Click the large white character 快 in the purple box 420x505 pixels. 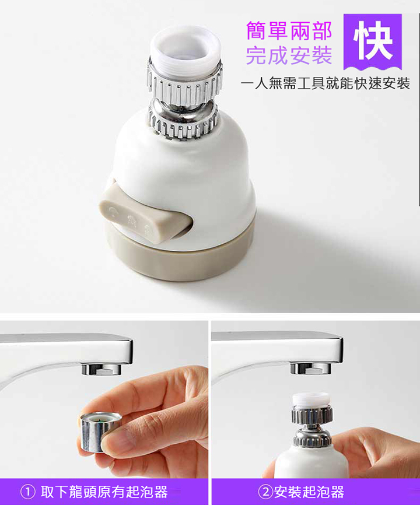coord(373,41)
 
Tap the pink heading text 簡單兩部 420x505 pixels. coord(289,31)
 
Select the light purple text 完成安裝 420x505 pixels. coord(289,55)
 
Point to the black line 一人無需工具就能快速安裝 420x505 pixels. coord(325,83)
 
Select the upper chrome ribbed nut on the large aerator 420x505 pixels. coord(184,86)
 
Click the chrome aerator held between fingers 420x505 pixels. coord(98,431)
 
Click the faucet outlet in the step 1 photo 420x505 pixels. coord(101,369)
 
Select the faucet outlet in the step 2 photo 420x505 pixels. coord(311,368)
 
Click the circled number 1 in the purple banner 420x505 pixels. coord(27,492)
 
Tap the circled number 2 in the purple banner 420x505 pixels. coord(266,492)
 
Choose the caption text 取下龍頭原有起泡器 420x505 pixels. coord(104,492)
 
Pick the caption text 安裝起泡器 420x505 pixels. coord(309,492)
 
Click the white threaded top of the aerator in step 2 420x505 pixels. coord(311,399)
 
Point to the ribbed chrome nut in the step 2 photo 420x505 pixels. coord(311,415)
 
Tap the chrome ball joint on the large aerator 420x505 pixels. coord(183,110)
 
